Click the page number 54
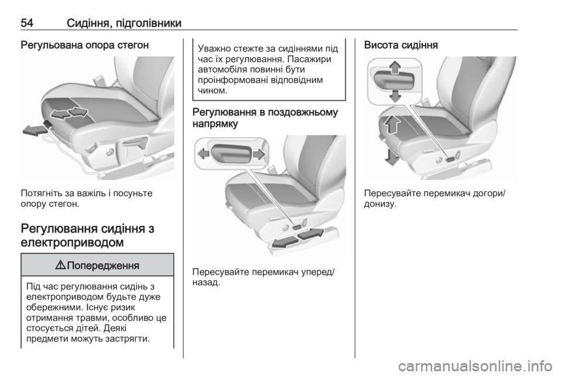click(28, 23)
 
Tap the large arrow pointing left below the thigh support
click(34, 131)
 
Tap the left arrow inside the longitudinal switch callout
click(204, 154)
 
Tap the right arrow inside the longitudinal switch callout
click(259, 154)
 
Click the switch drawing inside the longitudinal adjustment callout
click(231, 154)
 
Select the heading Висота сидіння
click(400, 46)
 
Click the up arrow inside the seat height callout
click(395, 67)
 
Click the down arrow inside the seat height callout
click(395, 95)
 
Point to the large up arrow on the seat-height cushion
click(392, 124)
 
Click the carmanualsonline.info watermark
click(475, 366)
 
